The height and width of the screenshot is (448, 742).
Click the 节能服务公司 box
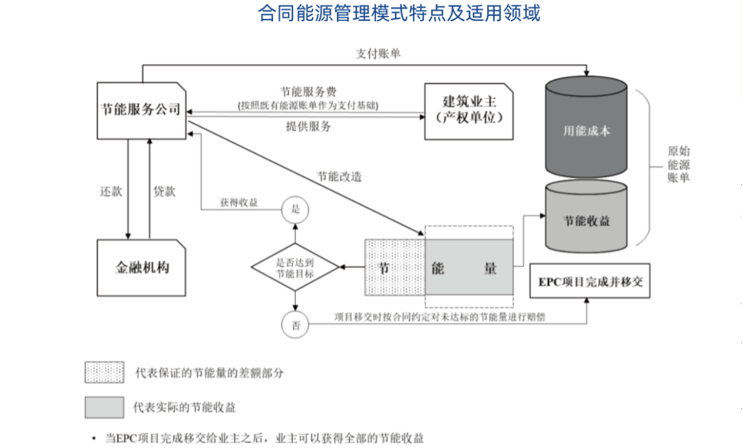[x=141, y=109]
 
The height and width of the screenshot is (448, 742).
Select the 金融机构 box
[x=141, y=267]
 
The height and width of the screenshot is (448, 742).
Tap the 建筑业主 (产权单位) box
[x=468, y=110]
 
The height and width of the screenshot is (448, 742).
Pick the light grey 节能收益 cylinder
[x=586, y=221]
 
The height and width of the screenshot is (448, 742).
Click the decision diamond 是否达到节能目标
[x=296, y=267]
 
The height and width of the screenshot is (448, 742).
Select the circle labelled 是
[x=296, y=209]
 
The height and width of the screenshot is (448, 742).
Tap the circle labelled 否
[x=296, y=325]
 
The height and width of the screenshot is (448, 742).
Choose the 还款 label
[x=111, y=191]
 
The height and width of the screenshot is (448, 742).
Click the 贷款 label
[x=164, y=191]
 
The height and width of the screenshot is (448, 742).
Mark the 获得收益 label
[x=239, y=203]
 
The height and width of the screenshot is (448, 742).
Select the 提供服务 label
[x=308, y=126]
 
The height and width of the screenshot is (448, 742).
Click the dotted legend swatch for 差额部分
[x=104, y=372]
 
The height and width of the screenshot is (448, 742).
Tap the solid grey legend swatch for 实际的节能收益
[x=104, y=407]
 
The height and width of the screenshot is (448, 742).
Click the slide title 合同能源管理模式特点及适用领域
[x=399, y=13]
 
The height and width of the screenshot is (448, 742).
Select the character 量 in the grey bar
[x=490, y=268]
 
